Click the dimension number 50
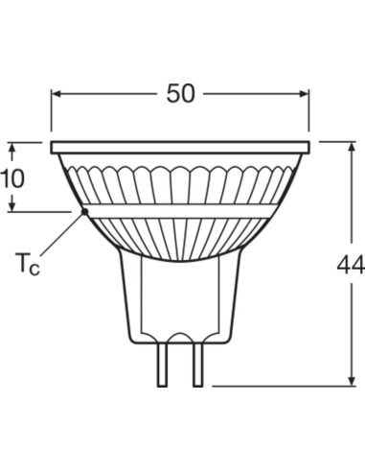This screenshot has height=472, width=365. tap(180, 93)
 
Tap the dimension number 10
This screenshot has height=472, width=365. tap(12, 177)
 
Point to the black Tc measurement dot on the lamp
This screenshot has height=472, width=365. tap(84, 210)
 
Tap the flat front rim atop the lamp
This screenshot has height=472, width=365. tap(180, 148)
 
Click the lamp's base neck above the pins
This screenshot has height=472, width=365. tap(180, 297)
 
